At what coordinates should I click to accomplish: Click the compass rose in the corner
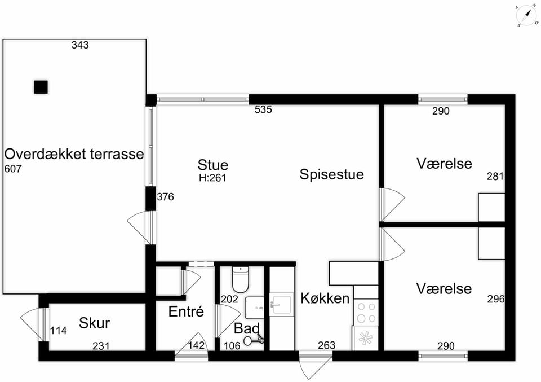[x=526, y=16]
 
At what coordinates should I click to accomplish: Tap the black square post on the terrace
[x=41, y=87]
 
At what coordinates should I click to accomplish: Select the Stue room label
[x=213, y=165]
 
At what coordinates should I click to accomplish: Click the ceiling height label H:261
[x=212, y=178]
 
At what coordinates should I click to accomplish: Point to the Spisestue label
[x=331, y=174]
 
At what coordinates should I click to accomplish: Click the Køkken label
[x=325, y=298]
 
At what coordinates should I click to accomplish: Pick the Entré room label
[x=186, y=311]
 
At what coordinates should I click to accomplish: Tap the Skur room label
[x=94, y=323]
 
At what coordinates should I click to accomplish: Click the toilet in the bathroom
[x=241, y=279]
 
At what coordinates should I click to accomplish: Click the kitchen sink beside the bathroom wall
[x=282, y=305]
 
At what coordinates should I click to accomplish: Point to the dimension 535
[x=263, y=109]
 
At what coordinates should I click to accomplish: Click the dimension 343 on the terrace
[x=80, y=45]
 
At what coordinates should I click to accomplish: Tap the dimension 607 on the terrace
[x=13, y=169]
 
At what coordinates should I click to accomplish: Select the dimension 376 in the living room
[x=165, y=197]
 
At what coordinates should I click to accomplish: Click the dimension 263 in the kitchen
[x=326, y=345]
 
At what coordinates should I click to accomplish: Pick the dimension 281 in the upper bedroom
[x=495, y=177]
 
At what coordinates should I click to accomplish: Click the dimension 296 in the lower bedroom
[x=496, y=299]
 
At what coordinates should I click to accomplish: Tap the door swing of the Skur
[x=31, y=323]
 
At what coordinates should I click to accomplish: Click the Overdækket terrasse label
[x=74, y=153]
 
